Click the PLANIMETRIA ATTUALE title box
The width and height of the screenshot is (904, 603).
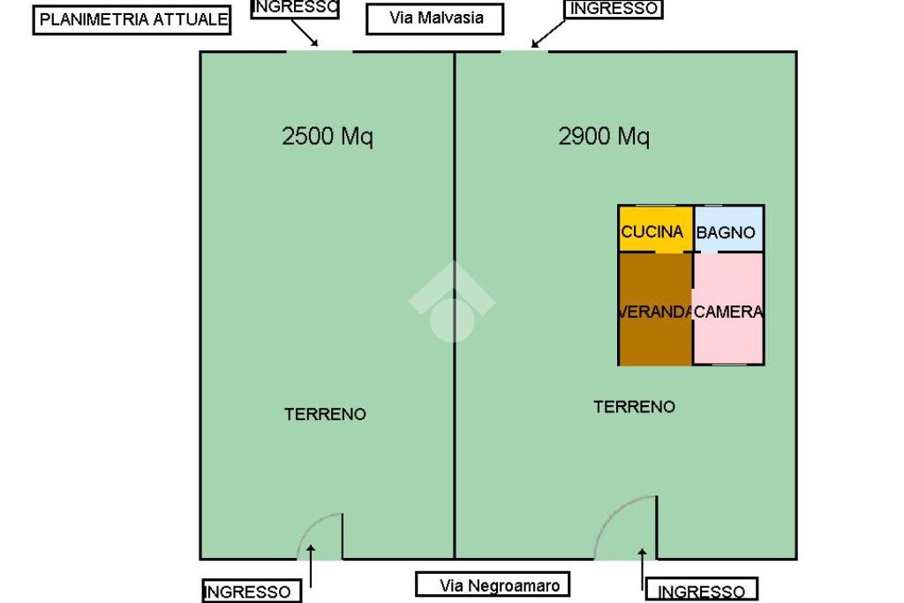(132, 19)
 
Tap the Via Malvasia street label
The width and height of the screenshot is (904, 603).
(435, 19)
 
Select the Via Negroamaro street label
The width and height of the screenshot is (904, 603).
(493, 584)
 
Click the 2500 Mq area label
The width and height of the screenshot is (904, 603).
(328, 136)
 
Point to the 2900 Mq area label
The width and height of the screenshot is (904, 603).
(604, 136)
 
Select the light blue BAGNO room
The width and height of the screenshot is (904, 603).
(728, 230)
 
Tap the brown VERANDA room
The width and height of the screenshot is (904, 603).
(654, 311)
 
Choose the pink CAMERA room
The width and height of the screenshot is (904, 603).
(728, 311)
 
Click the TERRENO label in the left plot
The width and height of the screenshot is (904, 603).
(325, 414)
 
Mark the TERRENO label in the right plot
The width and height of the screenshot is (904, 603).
(634, 407)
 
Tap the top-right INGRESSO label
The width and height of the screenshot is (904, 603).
(614, 9)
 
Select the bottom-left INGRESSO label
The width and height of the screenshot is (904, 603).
(247, 592)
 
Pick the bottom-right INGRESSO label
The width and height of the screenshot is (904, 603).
(702, 592)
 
